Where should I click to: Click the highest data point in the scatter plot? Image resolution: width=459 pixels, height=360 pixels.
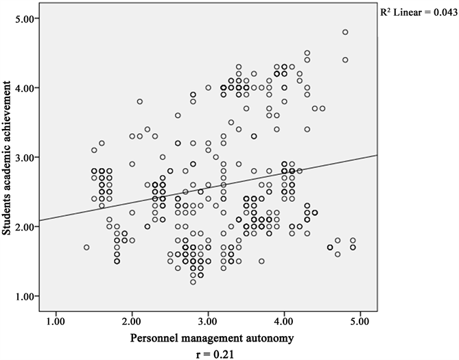(345, 32)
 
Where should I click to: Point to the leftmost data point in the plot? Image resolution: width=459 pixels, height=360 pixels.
(86, 247)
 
